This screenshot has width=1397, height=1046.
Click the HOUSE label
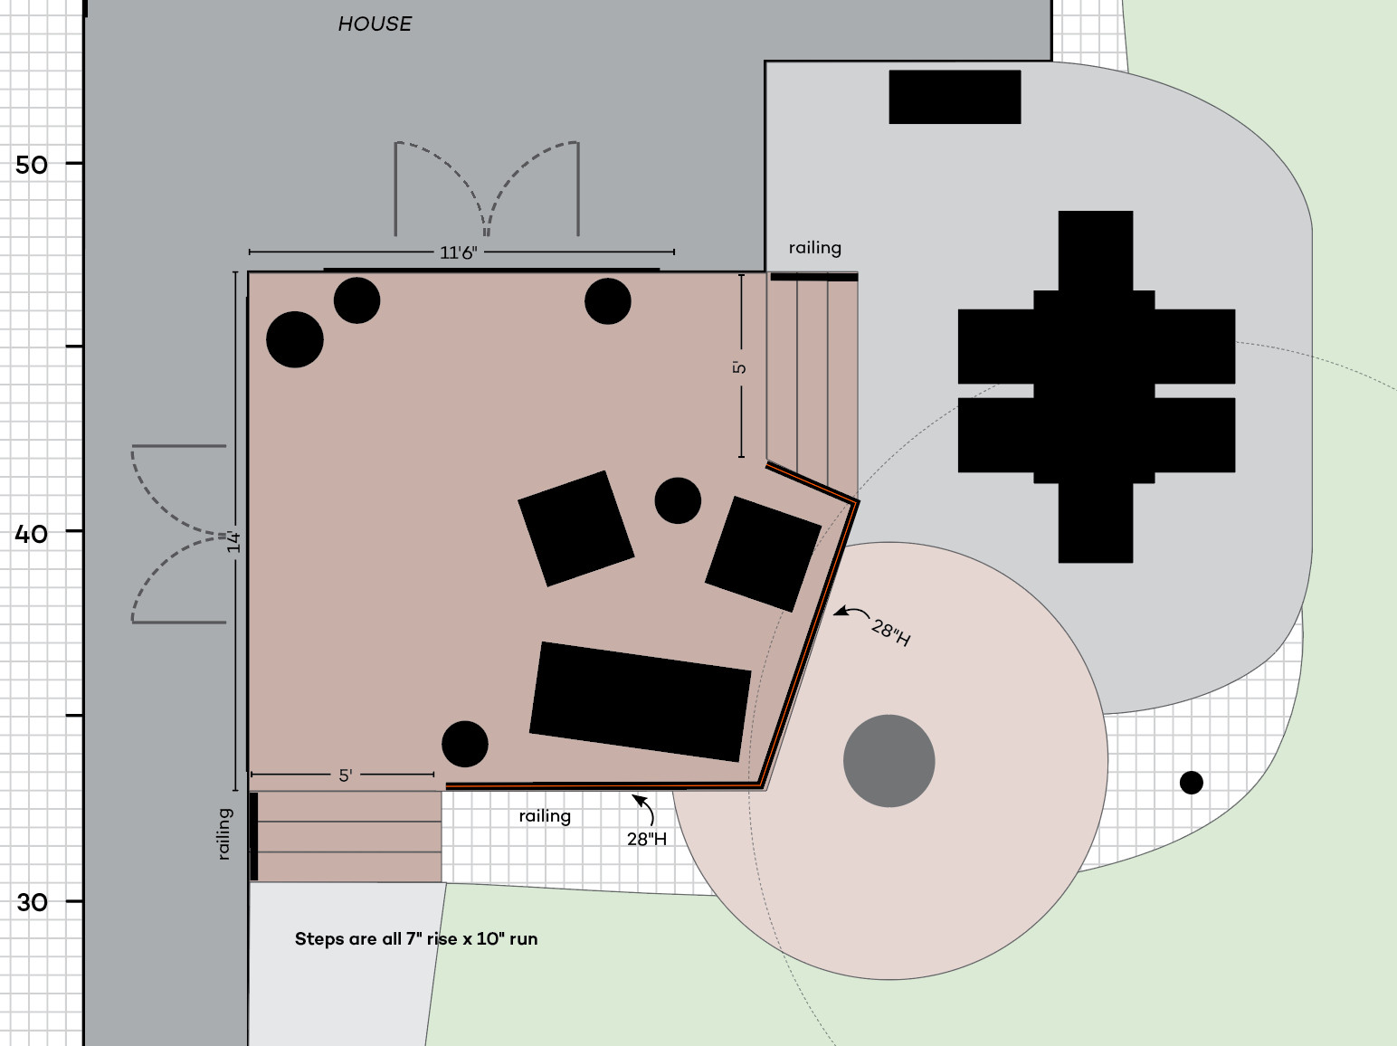[375, 24]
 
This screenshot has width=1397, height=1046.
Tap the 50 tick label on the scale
[31, 166]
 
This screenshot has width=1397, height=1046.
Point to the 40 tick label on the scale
[31, 534]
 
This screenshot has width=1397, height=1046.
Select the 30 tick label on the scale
[32, 902]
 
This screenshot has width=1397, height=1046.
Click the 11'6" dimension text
[458, 252]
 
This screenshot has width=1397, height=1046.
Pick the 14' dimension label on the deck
[234, 541]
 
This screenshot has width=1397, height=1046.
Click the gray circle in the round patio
[889, 761]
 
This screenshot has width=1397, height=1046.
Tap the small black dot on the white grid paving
[1192, 783]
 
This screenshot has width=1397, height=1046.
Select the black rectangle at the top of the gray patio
[955, 97]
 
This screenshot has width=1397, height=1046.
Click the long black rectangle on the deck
[641, 702]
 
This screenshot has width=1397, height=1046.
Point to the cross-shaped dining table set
[1096, 387]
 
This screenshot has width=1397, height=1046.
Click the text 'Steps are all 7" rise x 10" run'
[416, 939]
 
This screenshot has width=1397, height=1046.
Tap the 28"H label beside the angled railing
[891, 632]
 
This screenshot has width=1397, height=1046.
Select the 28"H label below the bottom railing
[647, 839]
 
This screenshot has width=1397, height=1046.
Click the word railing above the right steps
[814, 248]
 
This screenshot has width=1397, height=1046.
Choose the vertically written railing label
[224, 834]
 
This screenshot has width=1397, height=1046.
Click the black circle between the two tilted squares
[678, 500]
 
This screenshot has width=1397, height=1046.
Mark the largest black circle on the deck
[295, 339]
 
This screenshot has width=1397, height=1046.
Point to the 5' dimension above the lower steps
[345, 775]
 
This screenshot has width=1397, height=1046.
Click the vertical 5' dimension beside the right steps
[739, 367]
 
